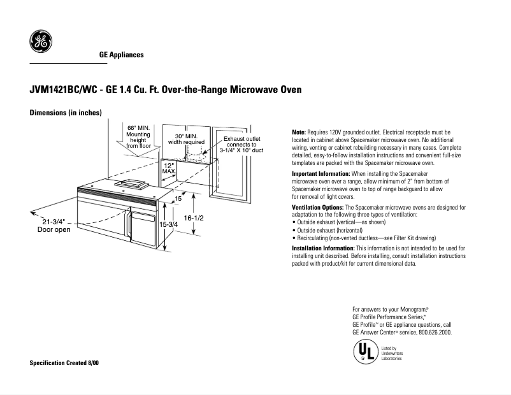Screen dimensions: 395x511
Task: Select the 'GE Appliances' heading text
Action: (x=121, y=55)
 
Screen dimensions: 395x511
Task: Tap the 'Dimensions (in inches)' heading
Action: (x=66, y=113)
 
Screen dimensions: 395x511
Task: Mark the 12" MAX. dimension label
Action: (x=169, y=168)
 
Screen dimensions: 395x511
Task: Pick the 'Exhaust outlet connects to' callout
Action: (x=241, y=144)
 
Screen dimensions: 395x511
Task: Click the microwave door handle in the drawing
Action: (x=129, y=227)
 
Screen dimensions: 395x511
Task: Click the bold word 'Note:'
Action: (x=299, y=131)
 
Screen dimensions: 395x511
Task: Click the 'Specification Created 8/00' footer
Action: (x=64, y=363)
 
